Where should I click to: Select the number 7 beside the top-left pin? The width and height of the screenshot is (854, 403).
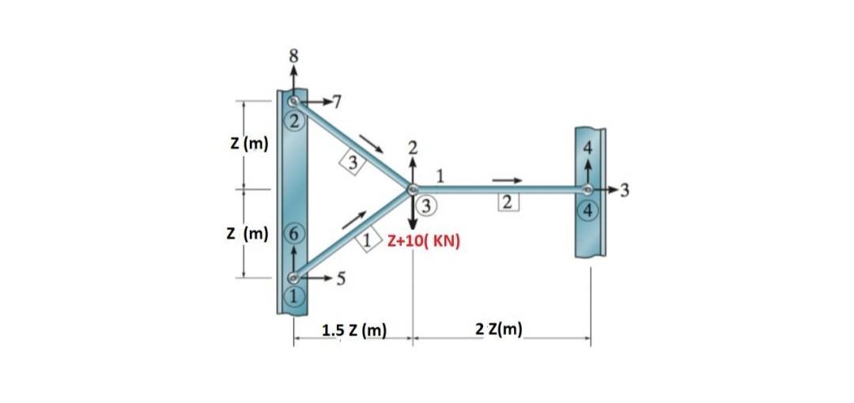tap(337, 102)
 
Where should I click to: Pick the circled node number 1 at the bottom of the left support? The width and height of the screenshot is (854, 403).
tap(294, 296)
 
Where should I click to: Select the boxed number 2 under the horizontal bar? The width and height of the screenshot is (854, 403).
tap(508, 203)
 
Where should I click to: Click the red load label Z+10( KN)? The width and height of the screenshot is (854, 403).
tap(424, 240)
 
